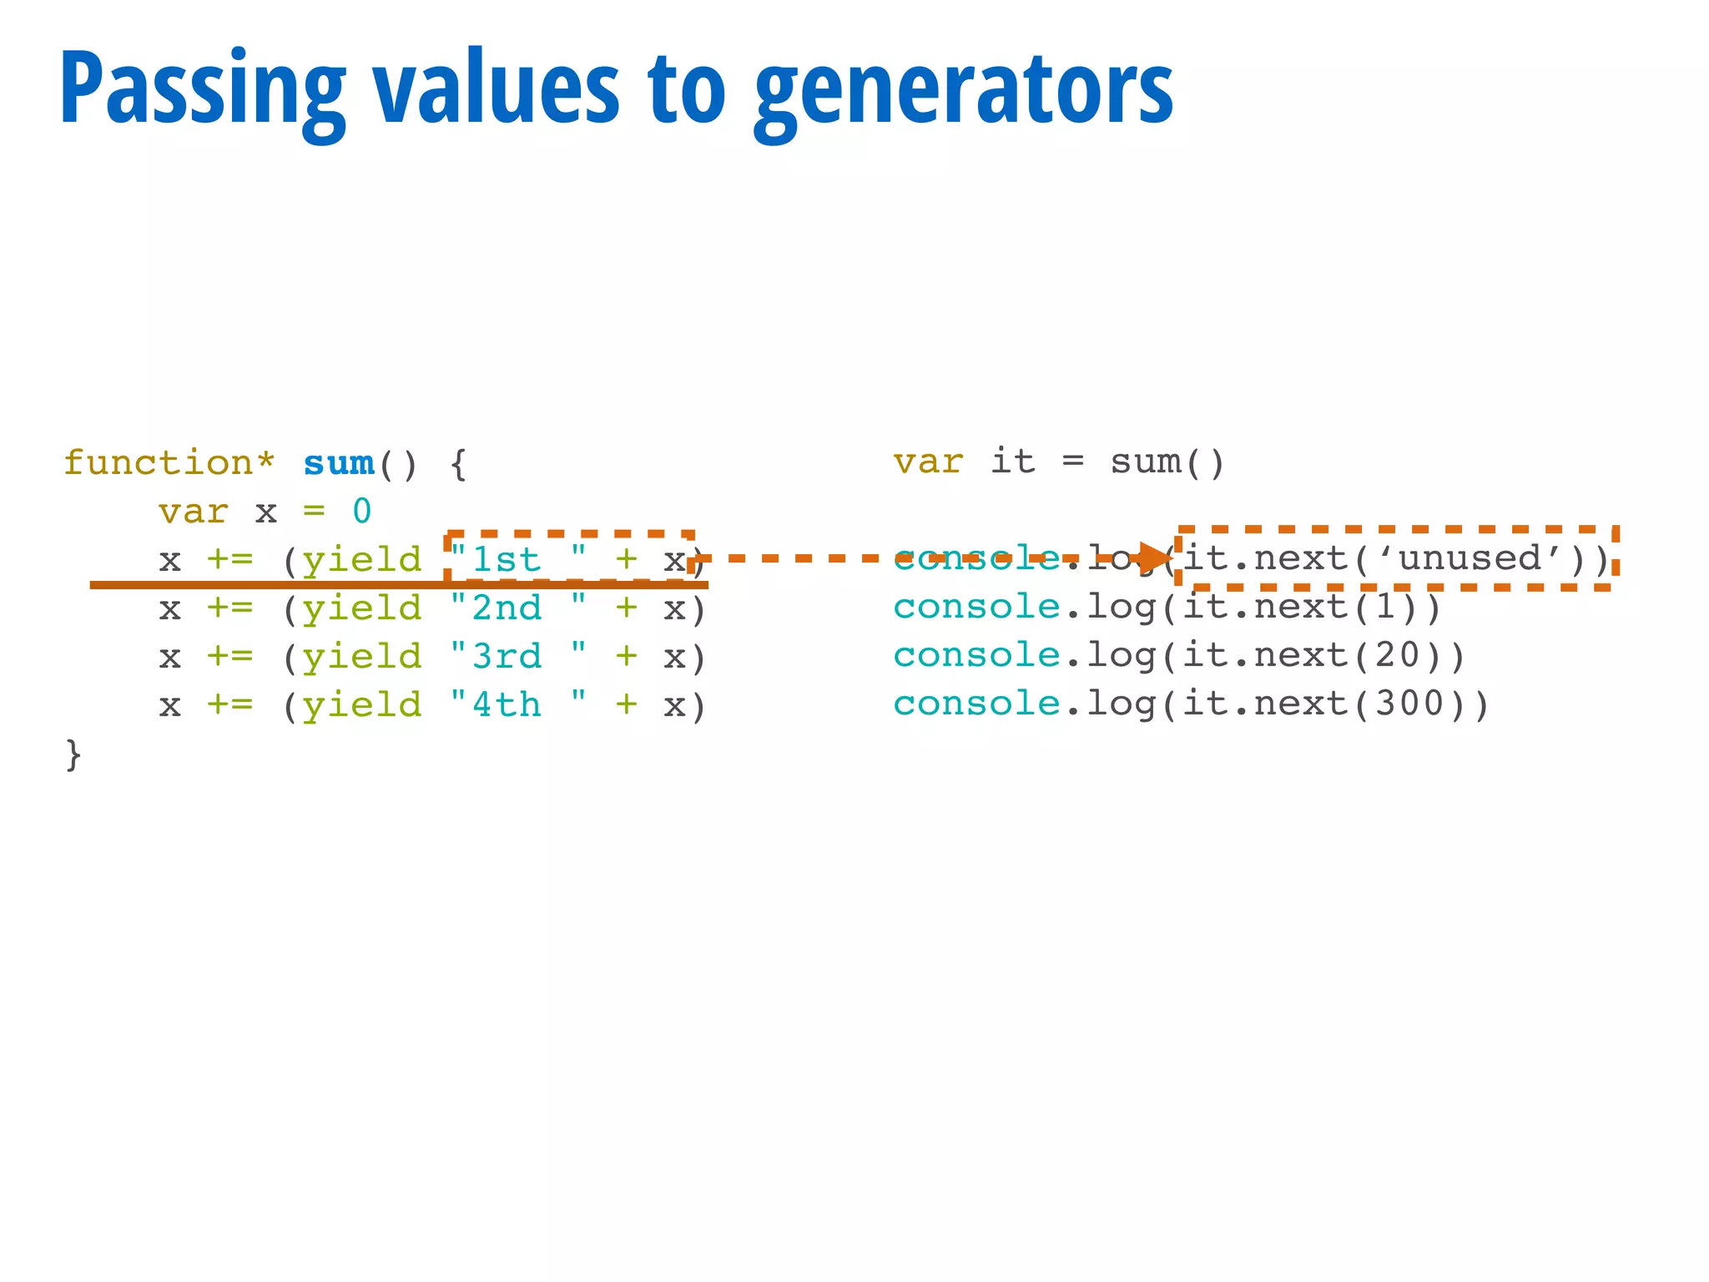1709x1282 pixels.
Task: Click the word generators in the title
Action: pyautogui.click(x=964, y=90)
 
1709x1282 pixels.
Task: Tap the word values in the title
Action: pyautogui.click(x=496, y=90)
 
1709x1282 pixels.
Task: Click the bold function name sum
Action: pyautogui.click(x=339, y=463)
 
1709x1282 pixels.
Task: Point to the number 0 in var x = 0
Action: pyautogui.click(x=361, y=511)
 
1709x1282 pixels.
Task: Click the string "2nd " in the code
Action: pyautogui.click(x=517, y=608)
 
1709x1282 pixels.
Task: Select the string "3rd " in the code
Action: pyautogui.click(x=517, y=656)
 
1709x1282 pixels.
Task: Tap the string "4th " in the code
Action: pyautogui.click(x=517, y=704)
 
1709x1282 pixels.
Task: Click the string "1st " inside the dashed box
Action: pyautogui.click(x=517, y=559)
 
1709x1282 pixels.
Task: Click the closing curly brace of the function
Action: pyautogui.click(x=73, y=754)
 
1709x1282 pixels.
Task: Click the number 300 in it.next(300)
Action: pyautogui.click(x=1409, y=704)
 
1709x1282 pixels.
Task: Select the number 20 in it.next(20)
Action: pyautogui.click(x=1398, y=655)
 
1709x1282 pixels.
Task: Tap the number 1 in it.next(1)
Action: pyautogui.click(x=1385, y=607)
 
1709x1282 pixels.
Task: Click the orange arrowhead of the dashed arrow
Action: pyautogui.click(x=1156, y=558)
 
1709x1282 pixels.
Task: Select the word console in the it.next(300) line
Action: pyautogui.click(x=976, y=704)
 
